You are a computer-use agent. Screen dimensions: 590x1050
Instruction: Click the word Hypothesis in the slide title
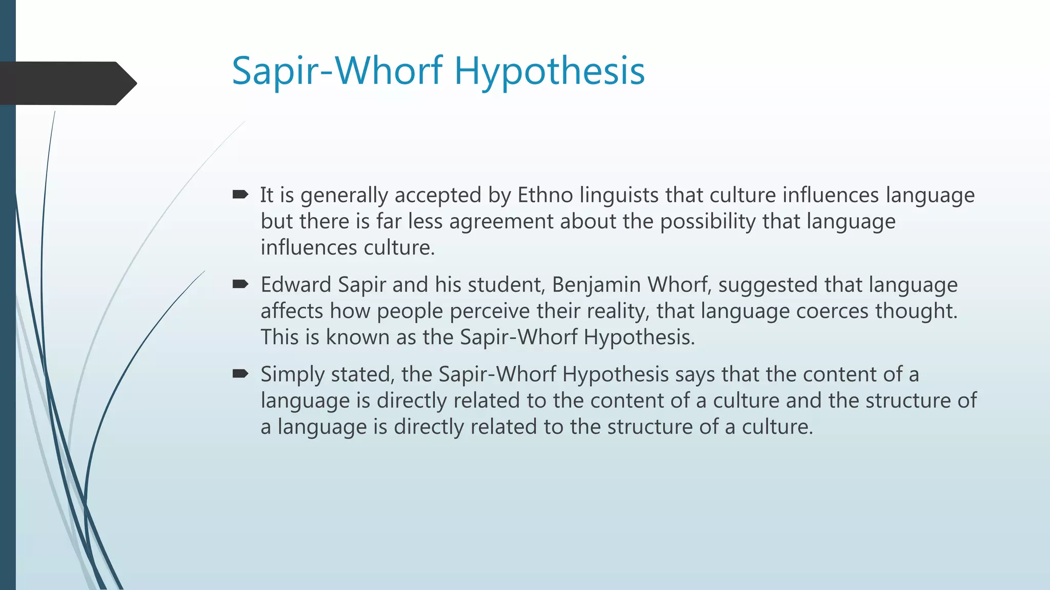(x=549, y=71)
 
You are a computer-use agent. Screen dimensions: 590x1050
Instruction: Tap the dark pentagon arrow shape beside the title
(x=67, y=83)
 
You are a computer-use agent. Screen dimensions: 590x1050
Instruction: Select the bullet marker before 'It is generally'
(x=240, y=195)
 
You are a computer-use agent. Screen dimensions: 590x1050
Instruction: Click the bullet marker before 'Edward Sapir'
(x=240, y=284)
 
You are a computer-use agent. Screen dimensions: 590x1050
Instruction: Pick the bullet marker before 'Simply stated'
(x=240, y=374)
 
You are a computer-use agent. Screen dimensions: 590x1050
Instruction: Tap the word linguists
(x=619, y=195)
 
